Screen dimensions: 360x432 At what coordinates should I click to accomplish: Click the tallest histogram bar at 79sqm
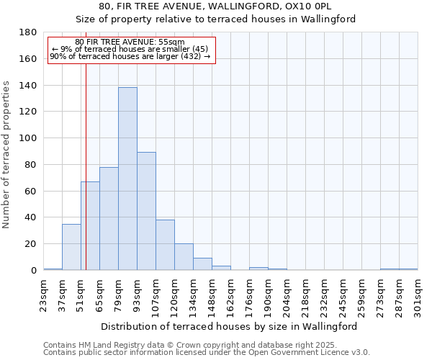(127, 179)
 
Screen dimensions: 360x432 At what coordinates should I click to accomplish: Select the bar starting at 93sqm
(146, 211)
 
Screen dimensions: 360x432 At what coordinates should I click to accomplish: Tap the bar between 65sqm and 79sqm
(109, 218)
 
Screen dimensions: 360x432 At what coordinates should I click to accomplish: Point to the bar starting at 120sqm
(184, 257)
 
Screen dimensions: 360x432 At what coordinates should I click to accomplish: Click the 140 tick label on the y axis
(29, 85)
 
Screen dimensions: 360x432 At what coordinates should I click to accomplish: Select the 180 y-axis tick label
(29, 32)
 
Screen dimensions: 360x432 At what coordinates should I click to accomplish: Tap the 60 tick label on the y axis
(32, 191)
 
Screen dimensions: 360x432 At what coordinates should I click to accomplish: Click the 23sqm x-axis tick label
(44, 294)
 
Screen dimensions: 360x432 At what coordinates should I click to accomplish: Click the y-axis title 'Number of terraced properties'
(6, 155)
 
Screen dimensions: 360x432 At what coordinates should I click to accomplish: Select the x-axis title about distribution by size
(229, 326)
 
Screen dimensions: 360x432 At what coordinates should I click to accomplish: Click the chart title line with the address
(215, 6)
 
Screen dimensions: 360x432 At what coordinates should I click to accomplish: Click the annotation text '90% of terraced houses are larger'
(130, 56)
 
